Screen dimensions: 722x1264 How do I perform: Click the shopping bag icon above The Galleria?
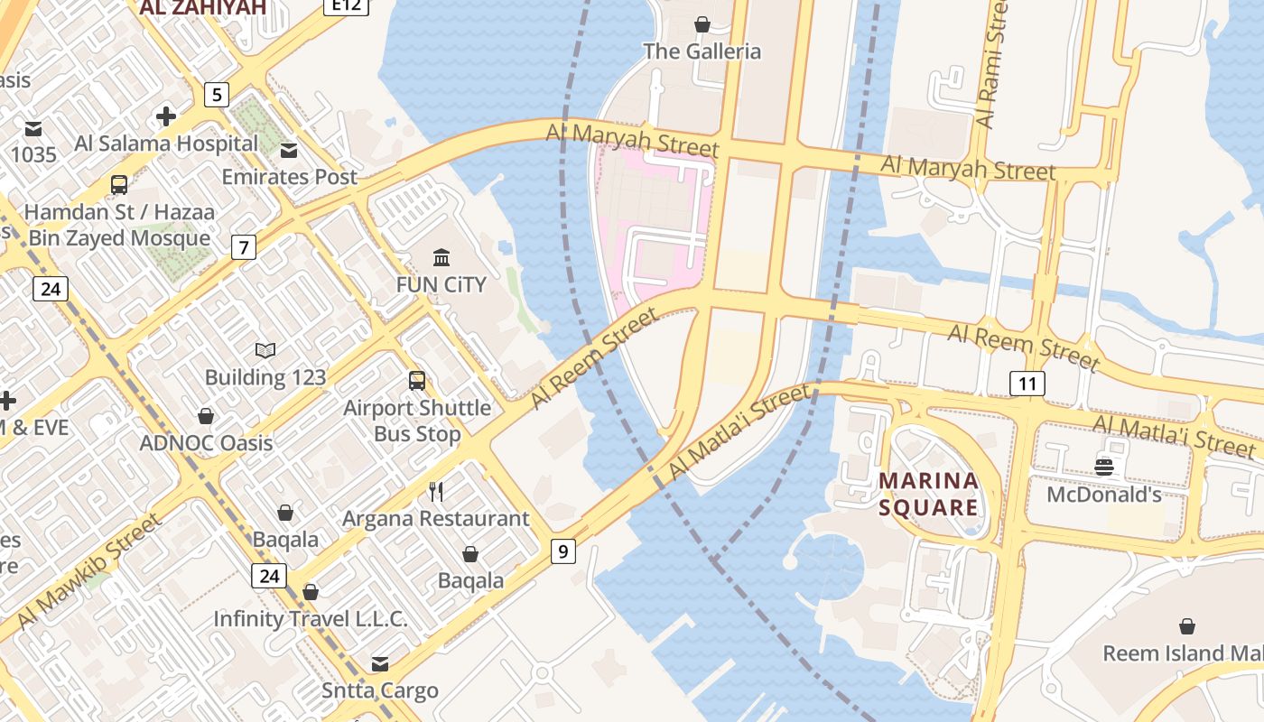(x=702, y=24)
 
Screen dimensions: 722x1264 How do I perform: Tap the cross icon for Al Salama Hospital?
(x=166, y=116)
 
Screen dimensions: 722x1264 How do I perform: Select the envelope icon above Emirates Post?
(x=289, y=150)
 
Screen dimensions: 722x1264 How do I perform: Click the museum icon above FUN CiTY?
(x=441, y=258)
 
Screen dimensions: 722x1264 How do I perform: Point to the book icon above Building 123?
(x=265, y=350)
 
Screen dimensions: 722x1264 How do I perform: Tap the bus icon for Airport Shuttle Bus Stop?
(x=417, y=381)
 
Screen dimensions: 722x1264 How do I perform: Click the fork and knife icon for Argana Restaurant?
(x=436, y=491)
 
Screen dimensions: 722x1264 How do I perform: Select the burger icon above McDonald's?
(x=1104, y=467)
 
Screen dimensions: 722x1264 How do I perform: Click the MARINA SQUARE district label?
(x=928, y=494)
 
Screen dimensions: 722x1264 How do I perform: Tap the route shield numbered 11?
(x=1027, y=384)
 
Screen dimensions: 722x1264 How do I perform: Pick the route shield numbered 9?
(x=562, y=551)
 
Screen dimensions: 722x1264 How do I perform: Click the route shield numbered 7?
(x=243, y=246)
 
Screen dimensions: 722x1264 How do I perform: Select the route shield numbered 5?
(x=216, y=94)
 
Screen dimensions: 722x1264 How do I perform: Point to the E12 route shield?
(x=346, y=5)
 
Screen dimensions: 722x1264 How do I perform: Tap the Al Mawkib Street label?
(x=88, y=571)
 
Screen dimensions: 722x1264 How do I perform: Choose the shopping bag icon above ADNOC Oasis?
(x=206, y=416)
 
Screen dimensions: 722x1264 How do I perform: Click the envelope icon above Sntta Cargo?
(x=380, y=664)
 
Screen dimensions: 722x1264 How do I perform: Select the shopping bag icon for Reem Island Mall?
(x=1187, y=626)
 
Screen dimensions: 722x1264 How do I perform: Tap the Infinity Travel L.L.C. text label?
(x=311, y=619)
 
